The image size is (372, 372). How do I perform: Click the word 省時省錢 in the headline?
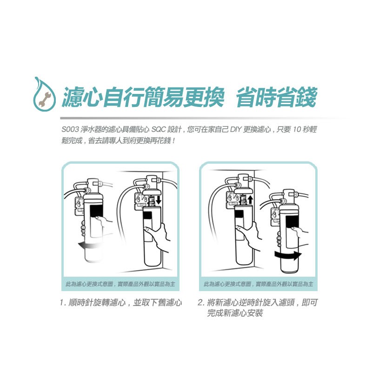coord(277,97)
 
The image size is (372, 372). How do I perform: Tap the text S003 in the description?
coord(70,130)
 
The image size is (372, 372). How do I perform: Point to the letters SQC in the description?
coord(158,130)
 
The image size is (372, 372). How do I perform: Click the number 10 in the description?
coord(297,130)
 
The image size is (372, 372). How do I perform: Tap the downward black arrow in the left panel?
coord(159,200)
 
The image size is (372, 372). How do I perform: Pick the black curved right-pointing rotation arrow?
coord(288,255)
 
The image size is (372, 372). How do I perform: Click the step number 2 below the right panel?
coord(200,303)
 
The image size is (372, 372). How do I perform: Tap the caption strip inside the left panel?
coord(120,284)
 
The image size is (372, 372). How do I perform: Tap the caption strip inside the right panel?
coord(259,284)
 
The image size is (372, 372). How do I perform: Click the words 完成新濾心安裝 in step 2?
coord(235,313)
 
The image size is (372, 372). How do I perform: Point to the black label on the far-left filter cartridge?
coord(96,211)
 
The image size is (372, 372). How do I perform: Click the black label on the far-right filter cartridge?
coord(292,222)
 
